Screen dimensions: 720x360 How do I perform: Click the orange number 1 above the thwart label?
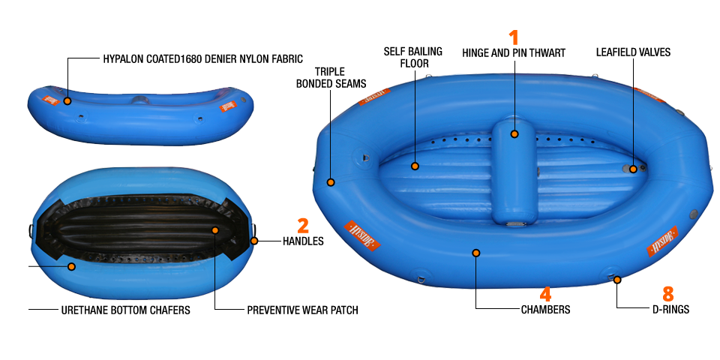(x=514, y=37)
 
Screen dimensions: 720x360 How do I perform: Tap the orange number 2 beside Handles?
(x=302, y=226)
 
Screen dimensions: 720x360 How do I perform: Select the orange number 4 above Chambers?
(x=545, y=294)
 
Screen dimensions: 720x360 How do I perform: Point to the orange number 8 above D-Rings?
(x=667, y=294)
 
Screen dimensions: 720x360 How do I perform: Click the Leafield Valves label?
(x=633, y=52)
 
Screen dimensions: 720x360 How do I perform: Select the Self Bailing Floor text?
(x=413, y=57)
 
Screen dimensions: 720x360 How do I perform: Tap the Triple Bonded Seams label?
(x=331, y=77)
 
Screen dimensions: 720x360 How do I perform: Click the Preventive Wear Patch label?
(x=302, y=310)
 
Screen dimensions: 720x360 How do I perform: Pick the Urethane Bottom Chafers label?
(x=125, y=310)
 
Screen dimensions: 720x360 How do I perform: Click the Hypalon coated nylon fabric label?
(x=203, y=58)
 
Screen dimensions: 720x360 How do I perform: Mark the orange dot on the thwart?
(x=514, y=134)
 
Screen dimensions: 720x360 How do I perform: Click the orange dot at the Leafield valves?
(x=633, y=169)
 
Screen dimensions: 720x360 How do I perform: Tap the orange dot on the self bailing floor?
(x=415, y=166)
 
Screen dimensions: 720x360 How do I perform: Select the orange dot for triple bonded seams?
(x=331, y=182)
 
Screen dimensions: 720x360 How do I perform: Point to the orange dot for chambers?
(x=476, y=253)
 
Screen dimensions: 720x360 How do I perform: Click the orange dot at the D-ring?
(x=617, y=280)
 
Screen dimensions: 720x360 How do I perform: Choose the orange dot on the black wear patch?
(x=215, y=230)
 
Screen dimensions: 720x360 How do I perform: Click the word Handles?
(x=303, y=241)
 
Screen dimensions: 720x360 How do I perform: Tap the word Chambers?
(x=545, y=310)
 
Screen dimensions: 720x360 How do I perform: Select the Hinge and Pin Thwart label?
(x=514, y=53)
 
